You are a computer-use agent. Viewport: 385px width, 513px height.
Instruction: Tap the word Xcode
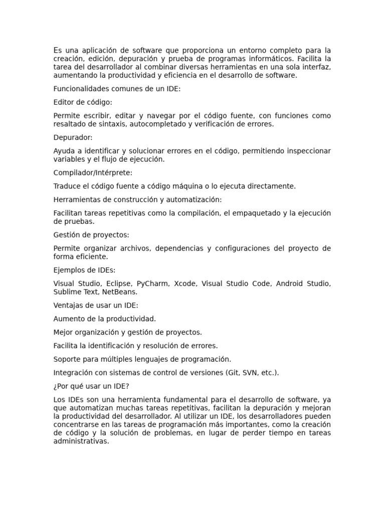pos(185,284)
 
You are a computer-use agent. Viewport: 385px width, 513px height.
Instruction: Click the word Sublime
pos(67,292)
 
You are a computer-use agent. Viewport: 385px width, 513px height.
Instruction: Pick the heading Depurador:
pos(73,137)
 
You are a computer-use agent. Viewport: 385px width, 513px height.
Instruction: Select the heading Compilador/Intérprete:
pos(93,172)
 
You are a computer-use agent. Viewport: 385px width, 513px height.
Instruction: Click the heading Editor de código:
pos(83,102)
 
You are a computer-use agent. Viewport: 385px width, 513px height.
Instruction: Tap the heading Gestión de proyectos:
pos(91,234)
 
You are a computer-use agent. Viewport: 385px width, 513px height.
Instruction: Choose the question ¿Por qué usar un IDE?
pos(91,386)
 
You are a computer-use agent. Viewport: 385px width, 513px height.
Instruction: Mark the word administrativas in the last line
pos(81,442)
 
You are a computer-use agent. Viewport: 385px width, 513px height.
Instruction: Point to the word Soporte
pos(67,359)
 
